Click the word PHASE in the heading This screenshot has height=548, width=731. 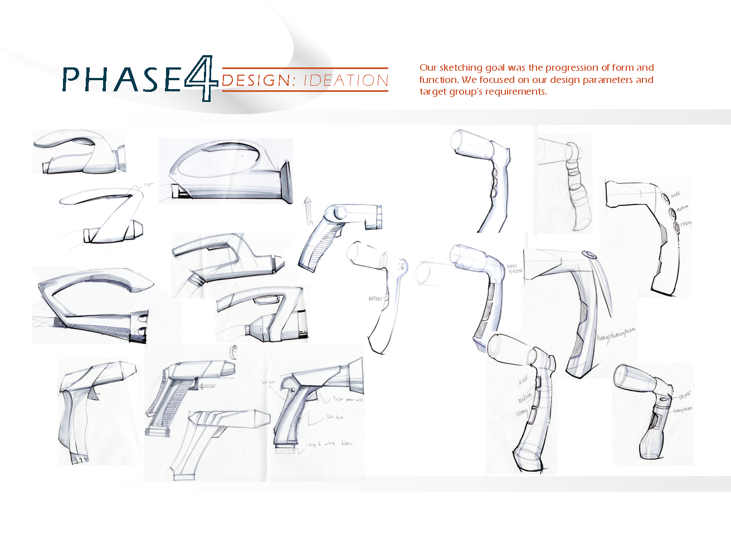121,79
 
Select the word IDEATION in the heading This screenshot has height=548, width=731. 346,81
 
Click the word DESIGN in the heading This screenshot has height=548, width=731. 257,81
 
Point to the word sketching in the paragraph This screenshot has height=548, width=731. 461,68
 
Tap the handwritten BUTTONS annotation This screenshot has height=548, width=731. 376,299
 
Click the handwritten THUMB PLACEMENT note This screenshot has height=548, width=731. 515,269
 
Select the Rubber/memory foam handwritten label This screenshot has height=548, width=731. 615,334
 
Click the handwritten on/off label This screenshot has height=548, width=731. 685,395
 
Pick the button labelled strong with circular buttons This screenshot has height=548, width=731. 676,226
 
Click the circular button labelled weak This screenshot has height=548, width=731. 665,198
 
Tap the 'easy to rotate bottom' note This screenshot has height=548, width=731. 330,444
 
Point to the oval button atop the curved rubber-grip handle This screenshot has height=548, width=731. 589,256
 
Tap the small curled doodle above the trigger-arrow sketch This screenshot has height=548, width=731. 235,350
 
